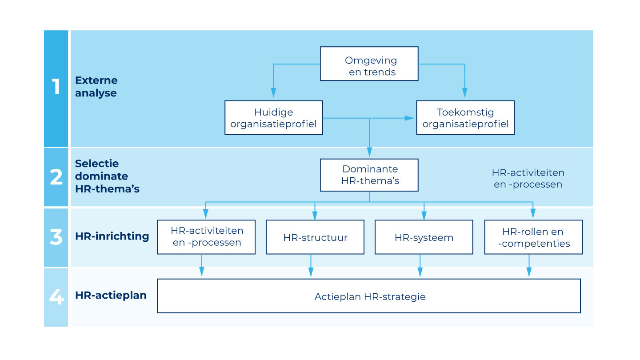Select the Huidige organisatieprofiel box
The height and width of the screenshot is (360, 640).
coord(273,118)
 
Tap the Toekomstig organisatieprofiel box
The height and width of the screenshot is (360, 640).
coord(465,118)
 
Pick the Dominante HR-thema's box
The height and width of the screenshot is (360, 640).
coord(369,175)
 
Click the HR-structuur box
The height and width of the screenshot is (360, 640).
coord(315,237)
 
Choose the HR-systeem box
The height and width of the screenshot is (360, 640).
coord(424,237)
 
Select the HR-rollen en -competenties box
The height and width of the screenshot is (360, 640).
coord(533,237)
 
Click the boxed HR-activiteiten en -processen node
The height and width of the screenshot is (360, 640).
coord(206,237)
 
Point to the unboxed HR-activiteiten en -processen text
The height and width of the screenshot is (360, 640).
coord(528,178)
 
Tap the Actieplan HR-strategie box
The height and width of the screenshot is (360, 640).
coord(369,296)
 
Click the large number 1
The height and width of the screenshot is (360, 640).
coord(56,87)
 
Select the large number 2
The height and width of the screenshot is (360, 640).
coord(56,177)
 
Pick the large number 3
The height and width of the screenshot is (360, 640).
coord(56,237)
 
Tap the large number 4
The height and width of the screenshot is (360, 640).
coord(56,296)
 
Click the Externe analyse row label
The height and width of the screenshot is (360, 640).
coord(96,87)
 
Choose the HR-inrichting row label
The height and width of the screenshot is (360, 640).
coord(112,236)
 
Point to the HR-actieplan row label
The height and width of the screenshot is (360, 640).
coord(111,295)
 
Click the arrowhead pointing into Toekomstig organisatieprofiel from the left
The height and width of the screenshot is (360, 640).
coord(410,118)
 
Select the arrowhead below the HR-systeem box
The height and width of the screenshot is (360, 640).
coord(420,272)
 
